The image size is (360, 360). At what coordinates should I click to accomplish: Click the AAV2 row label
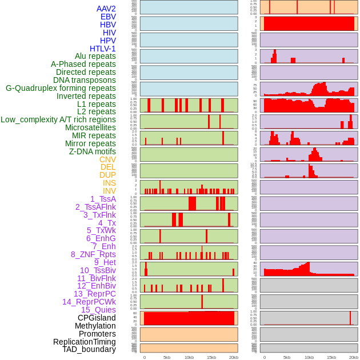(106, 9)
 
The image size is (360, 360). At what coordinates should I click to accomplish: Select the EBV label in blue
(108, 17)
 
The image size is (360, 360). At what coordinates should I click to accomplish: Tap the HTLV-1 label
(103, 49)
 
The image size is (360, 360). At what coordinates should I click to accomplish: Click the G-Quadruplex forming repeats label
(61, 88)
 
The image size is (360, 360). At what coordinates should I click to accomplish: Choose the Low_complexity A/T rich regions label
(58, 119)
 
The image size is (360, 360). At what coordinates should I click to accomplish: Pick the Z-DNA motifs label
(93, 151)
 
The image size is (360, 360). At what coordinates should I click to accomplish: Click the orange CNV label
(107, 159)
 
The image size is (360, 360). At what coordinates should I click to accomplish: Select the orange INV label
(109, 191)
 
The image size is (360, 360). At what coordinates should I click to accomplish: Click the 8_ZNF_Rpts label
(93, 254)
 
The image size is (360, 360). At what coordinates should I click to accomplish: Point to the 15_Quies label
(98, 310)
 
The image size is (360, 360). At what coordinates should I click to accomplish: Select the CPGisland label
(97, 318)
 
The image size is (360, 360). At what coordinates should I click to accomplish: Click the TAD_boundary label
(89, 349)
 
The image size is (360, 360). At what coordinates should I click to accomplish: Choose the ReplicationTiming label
(85, 342)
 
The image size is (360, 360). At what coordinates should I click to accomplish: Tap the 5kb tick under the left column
(167, 357)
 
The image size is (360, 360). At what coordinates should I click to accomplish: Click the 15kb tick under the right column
(331, 357)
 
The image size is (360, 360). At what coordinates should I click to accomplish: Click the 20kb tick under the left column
(234, 357)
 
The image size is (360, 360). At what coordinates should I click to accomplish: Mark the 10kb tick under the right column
(309, 357)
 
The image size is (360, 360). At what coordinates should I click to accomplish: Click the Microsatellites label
(90, 127)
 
